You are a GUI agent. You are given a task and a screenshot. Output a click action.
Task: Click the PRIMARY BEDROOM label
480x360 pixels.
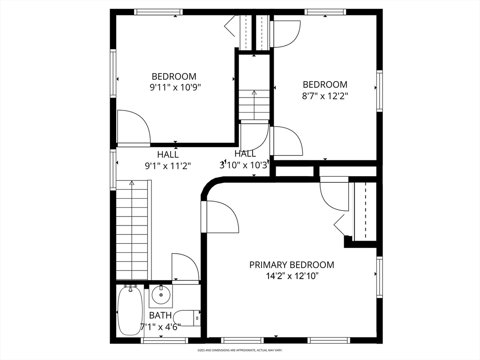292,265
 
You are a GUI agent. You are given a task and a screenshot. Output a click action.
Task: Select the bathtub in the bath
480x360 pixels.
130,310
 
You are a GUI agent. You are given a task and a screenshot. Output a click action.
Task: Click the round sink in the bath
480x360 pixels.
161,295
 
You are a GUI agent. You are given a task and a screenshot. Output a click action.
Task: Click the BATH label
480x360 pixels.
160,315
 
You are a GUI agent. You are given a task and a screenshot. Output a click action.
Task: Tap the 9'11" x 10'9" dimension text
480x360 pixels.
175,88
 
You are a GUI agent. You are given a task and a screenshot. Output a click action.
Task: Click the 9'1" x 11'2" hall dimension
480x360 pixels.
168,166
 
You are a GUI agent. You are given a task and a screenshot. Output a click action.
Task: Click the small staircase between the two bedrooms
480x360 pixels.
254,105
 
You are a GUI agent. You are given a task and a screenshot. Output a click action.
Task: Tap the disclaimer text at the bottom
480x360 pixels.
240,350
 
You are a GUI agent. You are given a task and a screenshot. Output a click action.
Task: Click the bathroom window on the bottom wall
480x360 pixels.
164,340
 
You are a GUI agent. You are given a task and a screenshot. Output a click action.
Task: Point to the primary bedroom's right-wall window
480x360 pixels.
380,277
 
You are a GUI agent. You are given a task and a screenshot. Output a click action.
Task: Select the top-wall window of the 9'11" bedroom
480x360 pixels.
158,12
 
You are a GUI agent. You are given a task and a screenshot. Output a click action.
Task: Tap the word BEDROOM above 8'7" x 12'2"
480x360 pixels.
325,84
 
